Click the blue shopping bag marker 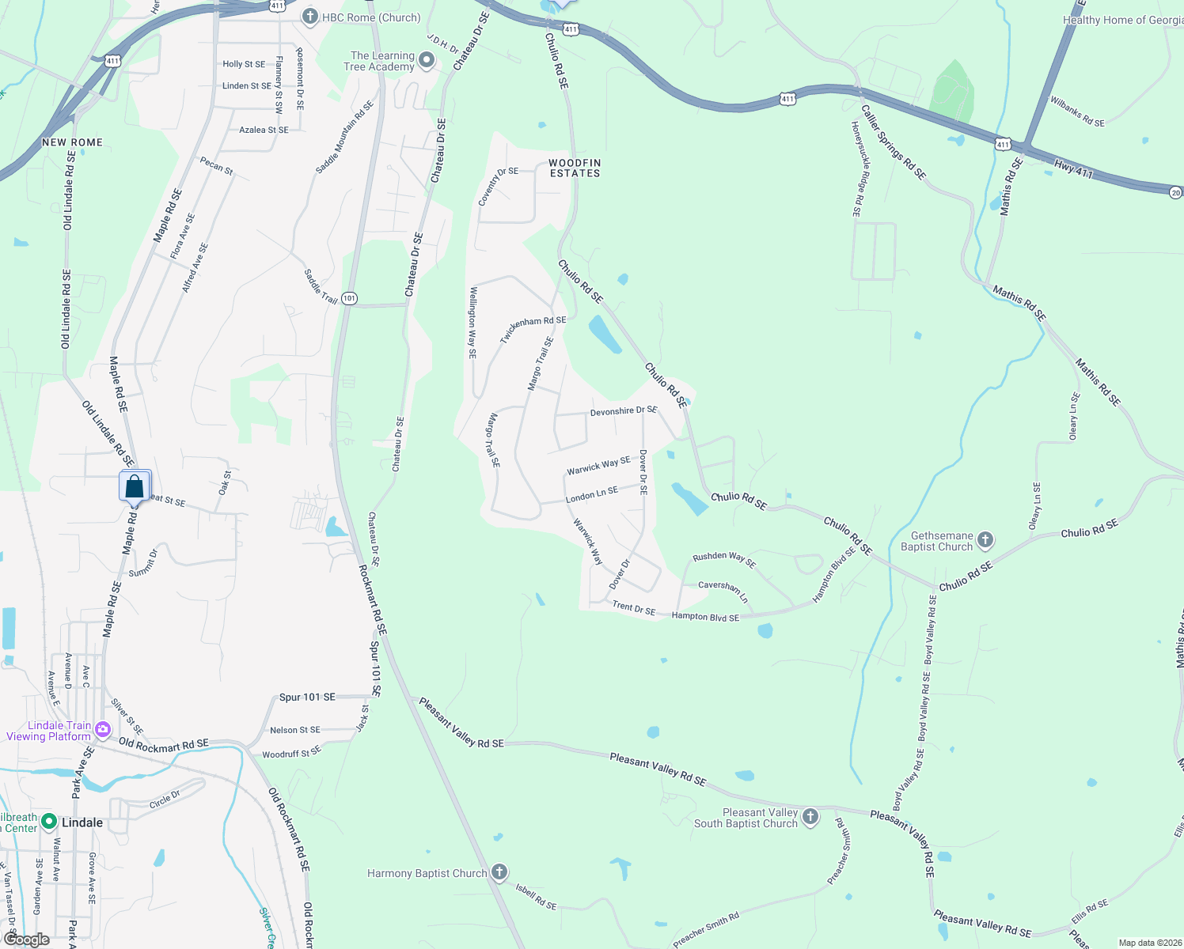click(x=135, y=486)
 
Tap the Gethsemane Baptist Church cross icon click(x=985, y=541)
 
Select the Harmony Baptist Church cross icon click(x=499, y=873)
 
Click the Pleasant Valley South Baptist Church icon click(x=810, y=817)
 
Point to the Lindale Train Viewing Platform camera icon click(x=102, y=730)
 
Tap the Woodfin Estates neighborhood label click(x=575, y=168)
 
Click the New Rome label click(x=72, y=142)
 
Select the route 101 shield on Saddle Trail click(x=349, y=298)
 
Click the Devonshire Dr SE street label click(x=624, y=411)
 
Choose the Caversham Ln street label click(x=723, y=588)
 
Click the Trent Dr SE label click(x=634, y=607)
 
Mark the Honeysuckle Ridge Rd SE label click(x=856, y=168)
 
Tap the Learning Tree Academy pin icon click(x=427, y=60)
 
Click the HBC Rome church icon click(x=309, y=17)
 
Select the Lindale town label click(x=82, y=822)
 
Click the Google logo click(x=27, y=940)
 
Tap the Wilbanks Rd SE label click(x=1077, y=112)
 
